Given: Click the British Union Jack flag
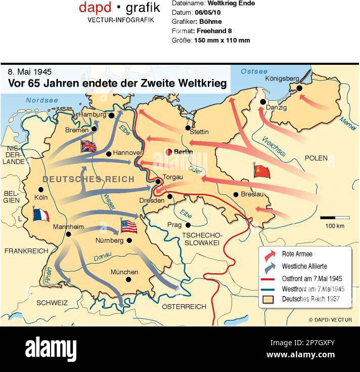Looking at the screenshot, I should click(88, 146).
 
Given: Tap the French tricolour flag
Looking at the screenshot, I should click(39, 214).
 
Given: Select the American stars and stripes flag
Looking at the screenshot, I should click(129, 226).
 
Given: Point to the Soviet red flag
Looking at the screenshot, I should click(262, 171).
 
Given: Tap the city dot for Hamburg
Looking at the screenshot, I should click(111, 115).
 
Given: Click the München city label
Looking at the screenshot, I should click(124, 272).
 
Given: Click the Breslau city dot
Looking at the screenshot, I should click(236, 194).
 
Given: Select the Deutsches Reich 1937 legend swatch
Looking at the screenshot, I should click(268, 300).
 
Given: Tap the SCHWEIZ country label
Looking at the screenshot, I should click(52, 303).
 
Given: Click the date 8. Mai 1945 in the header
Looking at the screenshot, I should click(30, 72).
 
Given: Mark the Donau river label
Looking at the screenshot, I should click(103, 258).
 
